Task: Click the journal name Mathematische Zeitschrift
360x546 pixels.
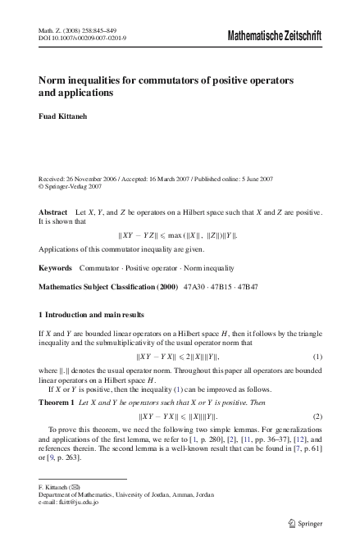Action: tap(275, 36)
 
